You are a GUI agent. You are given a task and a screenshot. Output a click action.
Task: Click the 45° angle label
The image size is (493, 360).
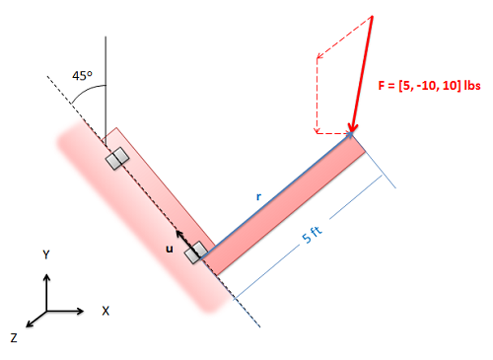click(82, 76)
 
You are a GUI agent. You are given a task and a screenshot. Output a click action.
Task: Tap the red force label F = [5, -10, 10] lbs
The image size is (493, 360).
click(429, 86)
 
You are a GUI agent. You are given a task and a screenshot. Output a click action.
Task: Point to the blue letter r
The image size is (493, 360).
click(259, 196)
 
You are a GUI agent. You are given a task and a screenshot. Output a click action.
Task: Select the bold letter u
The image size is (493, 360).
click(170, 249)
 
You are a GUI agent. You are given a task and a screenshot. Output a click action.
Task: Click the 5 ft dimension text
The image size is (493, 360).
click(313, 235)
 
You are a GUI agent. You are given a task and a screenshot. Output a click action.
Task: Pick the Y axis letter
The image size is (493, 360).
click(46, 254)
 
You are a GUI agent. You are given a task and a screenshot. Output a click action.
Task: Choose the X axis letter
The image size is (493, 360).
click(106, 311)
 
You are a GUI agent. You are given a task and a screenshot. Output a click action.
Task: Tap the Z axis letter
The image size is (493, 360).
click(14, 337)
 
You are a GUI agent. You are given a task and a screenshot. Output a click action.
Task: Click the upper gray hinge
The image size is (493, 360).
click(117, 159)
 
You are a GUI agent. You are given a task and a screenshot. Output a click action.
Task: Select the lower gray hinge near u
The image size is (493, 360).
click(196, 252)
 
